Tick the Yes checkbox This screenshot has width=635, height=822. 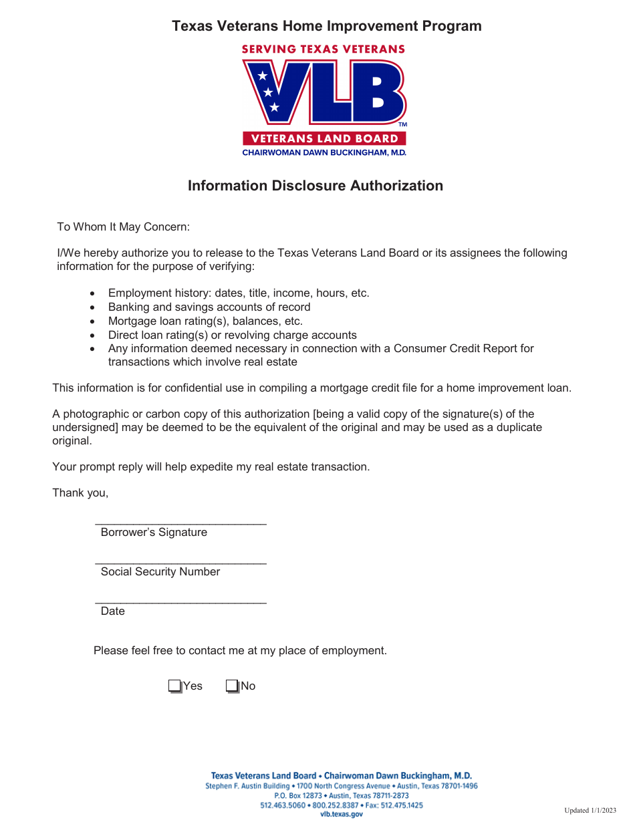coord(174,686)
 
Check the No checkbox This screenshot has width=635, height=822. coord(232,686)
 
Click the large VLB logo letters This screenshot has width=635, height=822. coord(324,92)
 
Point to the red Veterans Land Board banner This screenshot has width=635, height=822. coord(324,139)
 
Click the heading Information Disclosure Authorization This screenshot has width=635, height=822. coord(315,186)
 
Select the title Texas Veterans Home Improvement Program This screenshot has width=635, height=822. coord(327,26)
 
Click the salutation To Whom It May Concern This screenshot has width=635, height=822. coord(124,227)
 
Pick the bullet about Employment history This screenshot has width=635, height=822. coord(239,293)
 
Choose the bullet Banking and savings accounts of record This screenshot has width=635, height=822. coord(209,307)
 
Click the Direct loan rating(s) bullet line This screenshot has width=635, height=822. coord(233,335)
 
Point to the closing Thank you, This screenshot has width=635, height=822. coord(80,493)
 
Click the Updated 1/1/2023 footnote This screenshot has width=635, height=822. coord(590,811)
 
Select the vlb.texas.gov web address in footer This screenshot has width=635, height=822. coord(342,814)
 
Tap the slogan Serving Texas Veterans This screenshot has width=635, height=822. coord(324,49)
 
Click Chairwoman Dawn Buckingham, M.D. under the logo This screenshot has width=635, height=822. coord(324,152)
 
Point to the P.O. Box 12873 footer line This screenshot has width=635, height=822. coord(342,796)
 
